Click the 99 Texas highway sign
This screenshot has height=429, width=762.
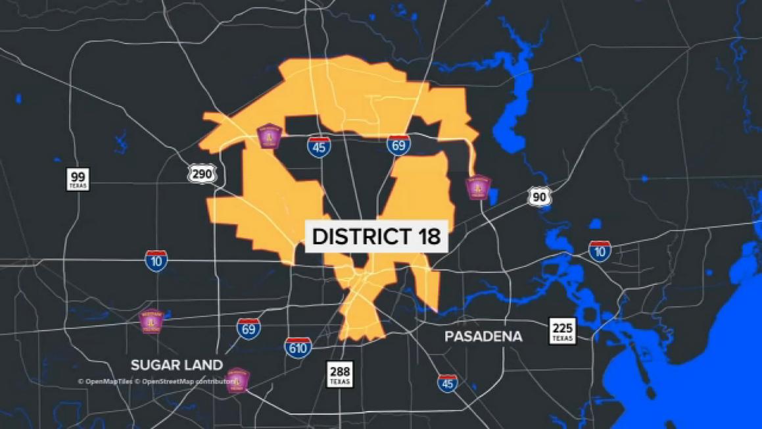(78, 179)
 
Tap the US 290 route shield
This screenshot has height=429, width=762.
(202, 174)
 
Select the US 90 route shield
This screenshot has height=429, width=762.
(538, 197)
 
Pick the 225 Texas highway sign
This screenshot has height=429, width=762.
(562, 330)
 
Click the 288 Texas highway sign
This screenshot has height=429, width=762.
(340, 374)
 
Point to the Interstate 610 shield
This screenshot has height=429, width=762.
(298, 347)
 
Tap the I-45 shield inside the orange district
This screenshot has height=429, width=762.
(319, 146)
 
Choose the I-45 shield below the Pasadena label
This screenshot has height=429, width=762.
(448, 382)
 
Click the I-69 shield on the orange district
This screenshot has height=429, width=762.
(398, 144)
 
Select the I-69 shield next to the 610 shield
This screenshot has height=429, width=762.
(248, 328)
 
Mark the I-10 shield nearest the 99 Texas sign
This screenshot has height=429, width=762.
(156, 261)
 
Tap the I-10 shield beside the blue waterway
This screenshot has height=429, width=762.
(600, 251)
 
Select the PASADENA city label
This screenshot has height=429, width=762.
(483, 337)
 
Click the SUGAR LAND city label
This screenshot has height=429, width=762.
(176, 365)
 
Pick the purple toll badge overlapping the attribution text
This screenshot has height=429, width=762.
(237, 380)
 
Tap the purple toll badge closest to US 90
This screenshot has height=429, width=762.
(478, 188)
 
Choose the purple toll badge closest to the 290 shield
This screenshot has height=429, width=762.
(269, 136)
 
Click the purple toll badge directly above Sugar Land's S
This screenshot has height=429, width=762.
(151, 321)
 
